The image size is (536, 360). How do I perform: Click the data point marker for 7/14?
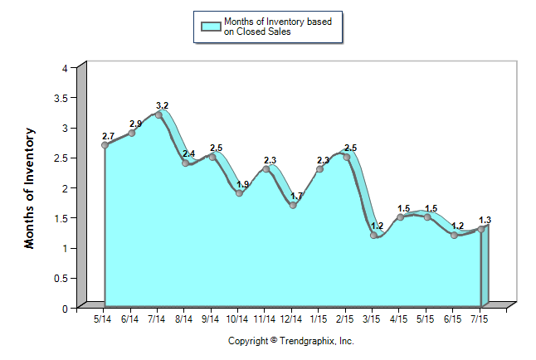(158, 115)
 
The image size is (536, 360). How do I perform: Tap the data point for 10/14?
(239, 193)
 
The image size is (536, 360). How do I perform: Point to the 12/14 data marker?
(293, 205)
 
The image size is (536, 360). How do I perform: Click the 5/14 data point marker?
(105, 145)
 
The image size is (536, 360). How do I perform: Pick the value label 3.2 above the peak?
(163, 105)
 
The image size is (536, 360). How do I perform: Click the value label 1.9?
(243, 184)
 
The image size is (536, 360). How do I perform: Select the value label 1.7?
(297, 196)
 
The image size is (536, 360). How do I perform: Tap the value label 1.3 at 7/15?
(485, 220)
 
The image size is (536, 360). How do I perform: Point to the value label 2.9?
(136, 124)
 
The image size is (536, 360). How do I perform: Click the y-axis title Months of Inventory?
(30, 187)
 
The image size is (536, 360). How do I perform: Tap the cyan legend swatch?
(211, 27)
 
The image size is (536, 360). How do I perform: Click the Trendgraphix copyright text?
(291, 341)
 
